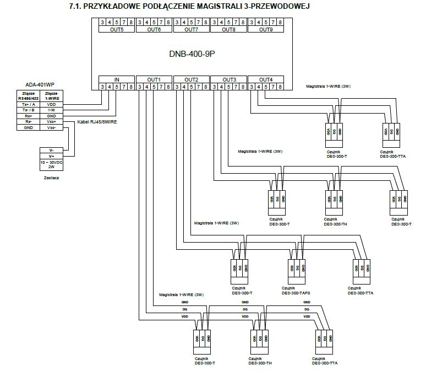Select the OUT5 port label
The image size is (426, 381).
[116, 29]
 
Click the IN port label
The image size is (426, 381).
[116, 79]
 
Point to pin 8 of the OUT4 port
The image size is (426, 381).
[281, 87]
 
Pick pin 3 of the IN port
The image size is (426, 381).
[102, 87]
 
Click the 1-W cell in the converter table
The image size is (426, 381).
[52, 110]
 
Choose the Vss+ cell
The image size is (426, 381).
[52, 121]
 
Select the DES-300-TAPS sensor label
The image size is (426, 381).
[296, 293]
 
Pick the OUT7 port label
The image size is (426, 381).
[190, 29]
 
